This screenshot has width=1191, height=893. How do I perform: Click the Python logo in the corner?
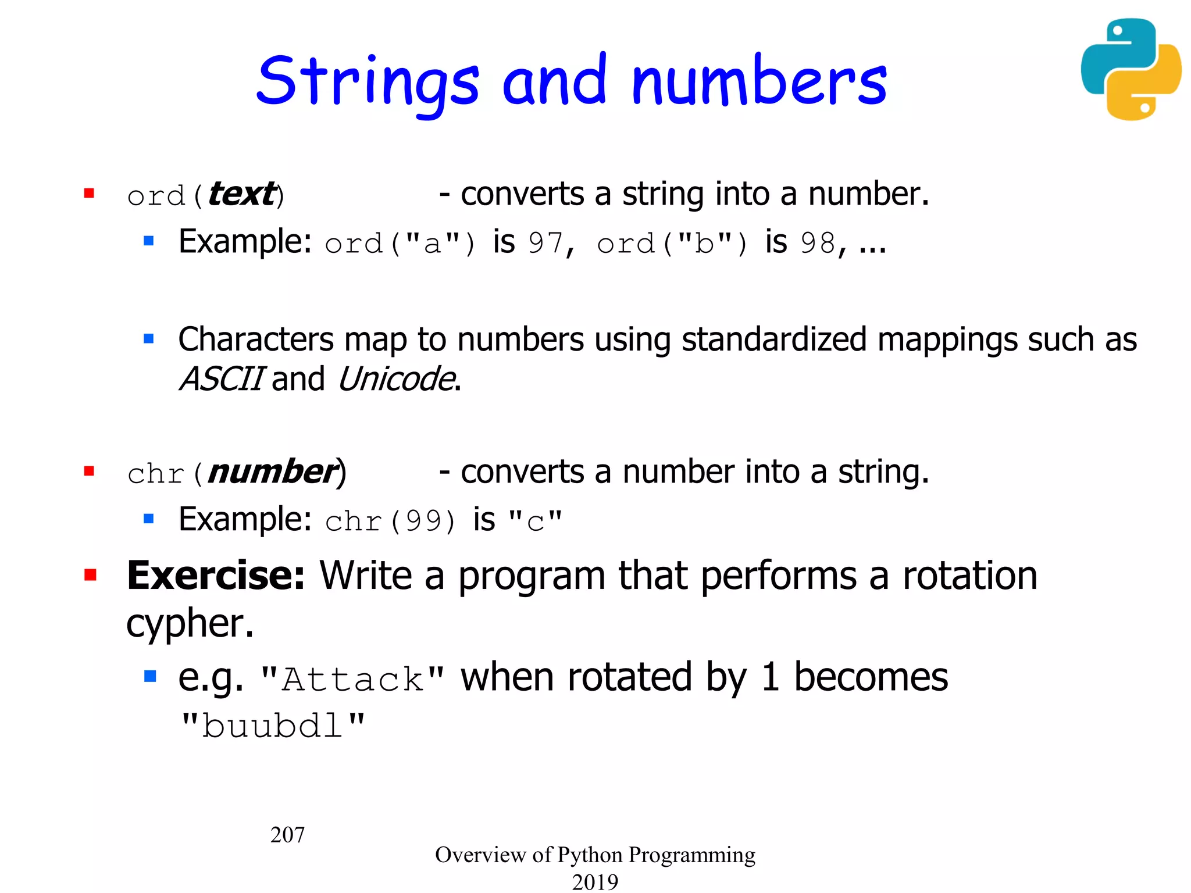click(x=1131, y=69)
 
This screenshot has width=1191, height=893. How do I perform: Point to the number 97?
click(x=545, y=243)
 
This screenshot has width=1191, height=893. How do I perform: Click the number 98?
click(x=818, y=243)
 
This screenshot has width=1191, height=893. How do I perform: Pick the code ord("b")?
click(x=672, y=243)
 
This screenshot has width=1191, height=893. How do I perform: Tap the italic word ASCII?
click(x=222, y=379)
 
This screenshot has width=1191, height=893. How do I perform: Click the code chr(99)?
click(x=390, y=521)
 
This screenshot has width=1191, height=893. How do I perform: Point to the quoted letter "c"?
click(x=535, y=521)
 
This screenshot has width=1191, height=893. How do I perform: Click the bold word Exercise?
click(x=216, y=576)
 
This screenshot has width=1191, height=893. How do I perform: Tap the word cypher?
click(x=190, y=624)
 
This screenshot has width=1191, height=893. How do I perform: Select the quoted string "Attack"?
click(x=353, y=679)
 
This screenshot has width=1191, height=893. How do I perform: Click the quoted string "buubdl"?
click(x=273, y=726)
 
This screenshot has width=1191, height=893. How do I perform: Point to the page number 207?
click(x=287, y=835)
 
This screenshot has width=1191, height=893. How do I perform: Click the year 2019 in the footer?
click(x=595, y=881)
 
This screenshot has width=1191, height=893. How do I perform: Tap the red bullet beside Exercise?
click(x=90, y=575)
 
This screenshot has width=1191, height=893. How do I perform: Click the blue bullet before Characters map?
click(x=149, y=338)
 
